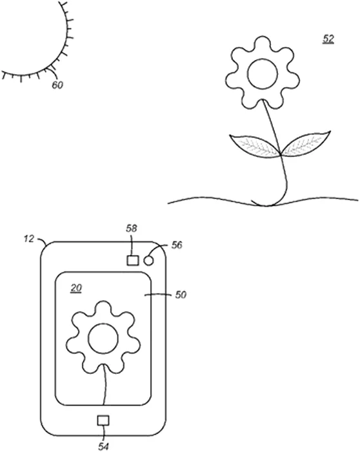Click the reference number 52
328,39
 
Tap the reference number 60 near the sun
57,85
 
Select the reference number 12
29,239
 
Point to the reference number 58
132,229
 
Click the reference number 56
177,245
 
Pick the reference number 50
181,295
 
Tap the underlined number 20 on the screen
76,288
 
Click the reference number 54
103,447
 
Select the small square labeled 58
133,260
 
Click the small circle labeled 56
148,261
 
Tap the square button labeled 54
103,420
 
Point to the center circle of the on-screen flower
103,338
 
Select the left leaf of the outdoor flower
255,146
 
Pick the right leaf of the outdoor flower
306,143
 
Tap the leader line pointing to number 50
158,294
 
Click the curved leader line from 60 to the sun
54,70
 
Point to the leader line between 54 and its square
103,434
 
